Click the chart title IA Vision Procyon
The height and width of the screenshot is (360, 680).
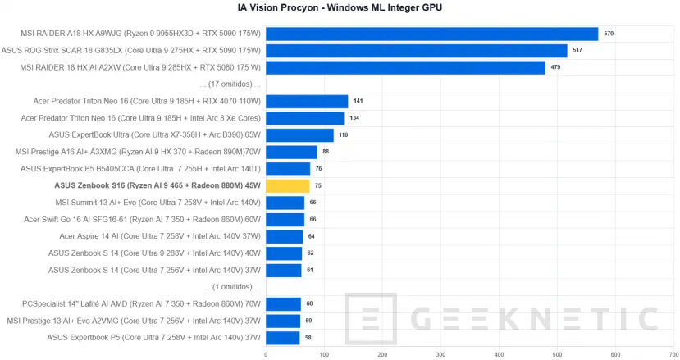tap(340, 7)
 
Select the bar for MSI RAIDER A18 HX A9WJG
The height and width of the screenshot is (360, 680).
tap(431, 34)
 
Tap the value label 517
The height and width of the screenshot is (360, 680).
tap(577, 51)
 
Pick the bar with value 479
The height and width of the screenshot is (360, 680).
tap(405, 67)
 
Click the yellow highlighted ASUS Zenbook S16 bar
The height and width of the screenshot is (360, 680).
tap(287, 186)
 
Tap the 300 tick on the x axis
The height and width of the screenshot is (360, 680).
tap(440, 354)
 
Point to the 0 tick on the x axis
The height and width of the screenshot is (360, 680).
tap(265, 354)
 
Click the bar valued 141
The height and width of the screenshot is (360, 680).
tap(306, 102)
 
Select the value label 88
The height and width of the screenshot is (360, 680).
tap(326, 152)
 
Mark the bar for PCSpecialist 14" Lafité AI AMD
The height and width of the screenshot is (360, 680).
tap(283, 304)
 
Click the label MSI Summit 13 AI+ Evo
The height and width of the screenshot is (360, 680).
tap(157, 203)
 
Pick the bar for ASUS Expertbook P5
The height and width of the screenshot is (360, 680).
tap(282, 338)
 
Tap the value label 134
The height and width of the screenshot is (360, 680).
tap(354, 118)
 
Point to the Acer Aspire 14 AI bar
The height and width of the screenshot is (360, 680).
tap(284, 236)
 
